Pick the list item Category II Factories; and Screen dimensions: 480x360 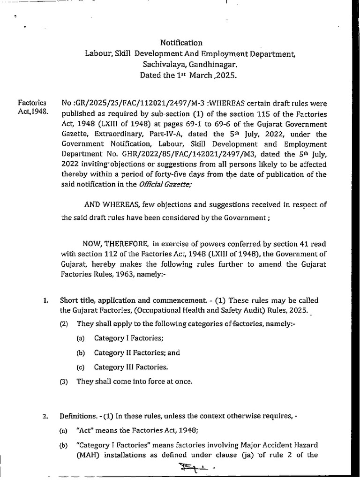(x=137, y=352)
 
